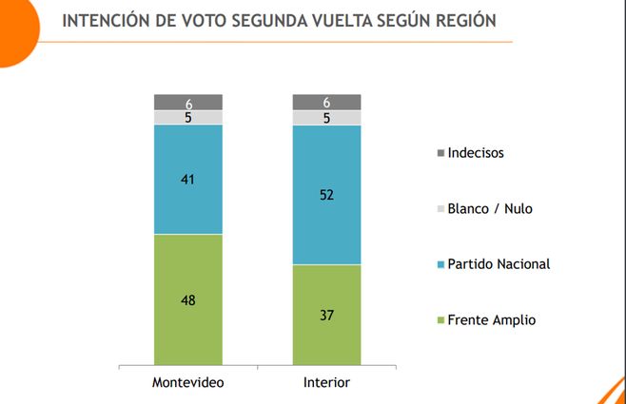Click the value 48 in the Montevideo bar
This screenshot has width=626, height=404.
click(188, 299)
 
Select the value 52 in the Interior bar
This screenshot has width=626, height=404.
click(326, 195)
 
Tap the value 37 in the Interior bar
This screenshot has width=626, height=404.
click(326, 315)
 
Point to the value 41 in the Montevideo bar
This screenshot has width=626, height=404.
click(188, 179)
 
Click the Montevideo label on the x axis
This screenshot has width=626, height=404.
click(188, 382)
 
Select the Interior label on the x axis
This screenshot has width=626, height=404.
click(326, 382)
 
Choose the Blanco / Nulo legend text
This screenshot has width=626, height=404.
click(491, 208)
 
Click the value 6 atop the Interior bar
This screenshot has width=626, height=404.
click(326, 102)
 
